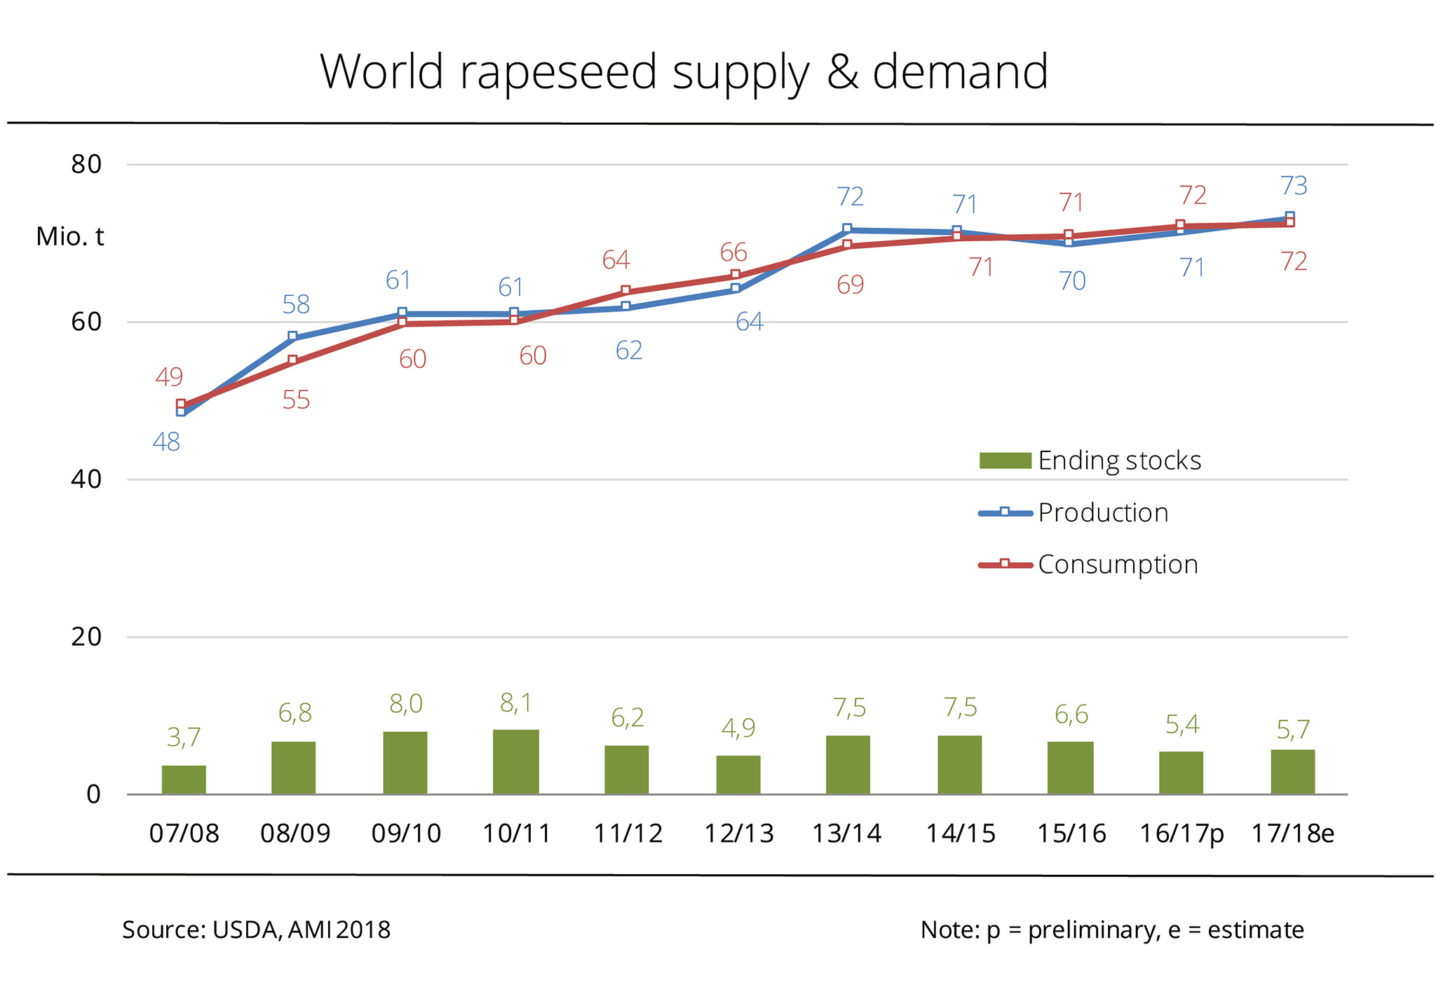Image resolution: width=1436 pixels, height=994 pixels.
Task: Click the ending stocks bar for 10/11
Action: click(516, 761)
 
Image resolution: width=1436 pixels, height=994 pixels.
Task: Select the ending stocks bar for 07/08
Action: click(184, 779)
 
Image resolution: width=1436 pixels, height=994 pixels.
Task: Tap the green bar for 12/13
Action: click(738, 775)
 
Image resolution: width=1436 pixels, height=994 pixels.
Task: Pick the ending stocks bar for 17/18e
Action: click(1292, 771)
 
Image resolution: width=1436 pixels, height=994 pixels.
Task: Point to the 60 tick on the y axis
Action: click(87, 322)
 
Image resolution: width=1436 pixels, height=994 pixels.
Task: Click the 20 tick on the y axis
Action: click(87, 636)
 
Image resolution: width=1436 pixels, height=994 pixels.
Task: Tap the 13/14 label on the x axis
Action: click(846, 833)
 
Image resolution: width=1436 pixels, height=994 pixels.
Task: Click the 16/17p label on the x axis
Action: click(1181, 833)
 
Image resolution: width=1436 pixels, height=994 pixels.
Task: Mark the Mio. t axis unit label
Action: click(70, 237)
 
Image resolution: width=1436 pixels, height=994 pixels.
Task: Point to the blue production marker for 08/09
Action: click(292, 337)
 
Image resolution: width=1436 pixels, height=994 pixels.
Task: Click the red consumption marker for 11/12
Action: click(625, 291)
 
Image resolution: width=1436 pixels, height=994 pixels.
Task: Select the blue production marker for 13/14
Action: click(847, 229)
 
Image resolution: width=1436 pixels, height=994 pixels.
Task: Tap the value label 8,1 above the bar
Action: click(516, 702)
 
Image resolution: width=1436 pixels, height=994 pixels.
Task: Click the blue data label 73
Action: click(1294, 186)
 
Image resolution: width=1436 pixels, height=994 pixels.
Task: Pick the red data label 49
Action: click(169, 377)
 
